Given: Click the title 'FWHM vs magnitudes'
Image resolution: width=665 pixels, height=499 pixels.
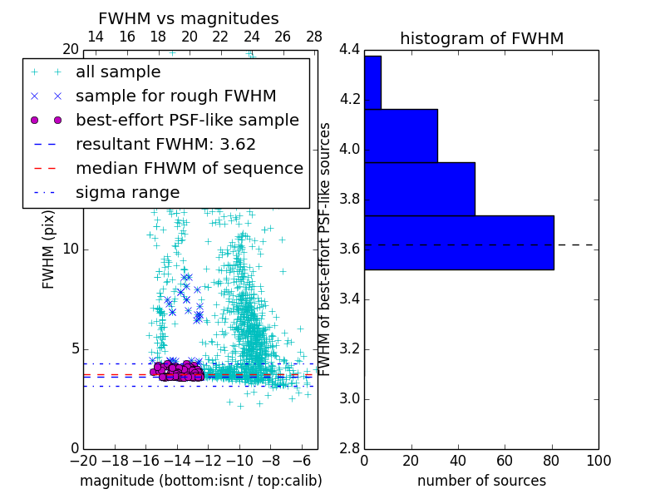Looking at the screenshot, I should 189,18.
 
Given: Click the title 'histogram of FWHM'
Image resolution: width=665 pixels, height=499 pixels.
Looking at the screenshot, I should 481,38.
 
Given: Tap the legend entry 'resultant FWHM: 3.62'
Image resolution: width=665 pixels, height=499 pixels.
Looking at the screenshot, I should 165,144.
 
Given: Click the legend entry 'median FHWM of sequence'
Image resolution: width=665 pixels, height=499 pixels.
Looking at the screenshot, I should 189,168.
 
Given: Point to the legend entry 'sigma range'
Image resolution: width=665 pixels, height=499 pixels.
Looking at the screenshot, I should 127,192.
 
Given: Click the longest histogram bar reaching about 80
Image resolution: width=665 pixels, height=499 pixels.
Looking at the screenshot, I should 459,242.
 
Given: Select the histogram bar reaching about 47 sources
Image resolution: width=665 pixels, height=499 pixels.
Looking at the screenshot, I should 420,189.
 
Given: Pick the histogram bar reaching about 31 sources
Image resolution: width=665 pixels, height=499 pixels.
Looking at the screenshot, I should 401,136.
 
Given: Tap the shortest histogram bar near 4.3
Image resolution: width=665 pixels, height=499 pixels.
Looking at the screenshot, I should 372,82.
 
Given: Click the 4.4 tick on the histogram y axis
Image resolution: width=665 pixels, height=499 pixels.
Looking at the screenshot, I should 349,50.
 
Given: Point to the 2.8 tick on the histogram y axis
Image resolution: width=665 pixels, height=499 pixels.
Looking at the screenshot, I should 349,448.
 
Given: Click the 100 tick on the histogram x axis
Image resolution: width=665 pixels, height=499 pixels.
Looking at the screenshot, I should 598,461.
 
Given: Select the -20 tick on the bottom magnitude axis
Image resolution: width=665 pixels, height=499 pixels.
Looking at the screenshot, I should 83,461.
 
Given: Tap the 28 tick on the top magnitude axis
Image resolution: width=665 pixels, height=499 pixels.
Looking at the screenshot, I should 314,37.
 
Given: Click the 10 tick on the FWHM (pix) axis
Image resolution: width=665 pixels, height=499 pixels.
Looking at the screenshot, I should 71,249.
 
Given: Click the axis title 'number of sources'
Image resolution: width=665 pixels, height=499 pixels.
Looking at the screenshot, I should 481,481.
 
